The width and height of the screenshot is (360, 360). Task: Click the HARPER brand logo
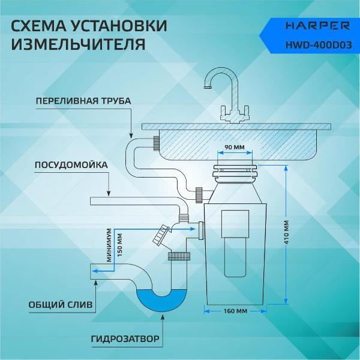tap(317, 25)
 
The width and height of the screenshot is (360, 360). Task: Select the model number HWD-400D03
tap(319, 45)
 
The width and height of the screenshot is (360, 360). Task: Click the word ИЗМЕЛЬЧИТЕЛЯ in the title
tap(78, 44)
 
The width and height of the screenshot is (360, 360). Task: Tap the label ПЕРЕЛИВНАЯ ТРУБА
tap(83, 101)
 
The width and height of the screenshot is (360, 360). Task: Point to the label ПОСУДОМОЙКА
tap(71, 165)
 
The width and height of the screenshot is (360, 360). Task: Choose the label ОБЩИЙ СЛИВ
tap(61, 305)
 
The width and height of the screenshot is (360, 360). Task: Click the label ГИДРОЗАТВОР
tap(125, 339)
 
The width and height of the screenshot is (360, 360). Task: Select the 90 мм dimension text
tap(235, 147)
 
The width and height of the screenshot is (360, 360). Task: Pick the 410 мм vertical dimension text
tap(286, 232)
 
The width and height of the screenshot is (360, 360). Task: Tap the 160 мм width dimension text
tap(235, 311)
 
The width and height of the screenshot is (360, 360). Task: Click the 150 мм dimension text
tap(119, 245)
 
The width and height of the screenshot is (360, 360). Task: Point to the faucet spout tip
tap(207, 87)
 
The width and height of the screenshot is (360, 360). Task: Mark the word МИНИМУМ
tap(109, 245)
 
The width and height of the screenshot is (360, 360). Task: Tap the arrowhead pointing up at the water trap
tap(163, 317)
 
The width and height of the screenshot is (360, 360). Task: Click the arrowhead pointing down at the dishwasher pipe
tap(109, 193)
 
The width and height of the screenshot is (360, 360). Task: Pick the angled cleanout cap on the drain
tap(161, 234)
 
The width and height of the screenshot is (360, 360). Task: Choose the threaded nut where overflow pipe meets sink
tap(157, 143)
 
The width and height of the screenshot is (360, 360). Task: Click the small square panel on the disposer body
tap(235, 224)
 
